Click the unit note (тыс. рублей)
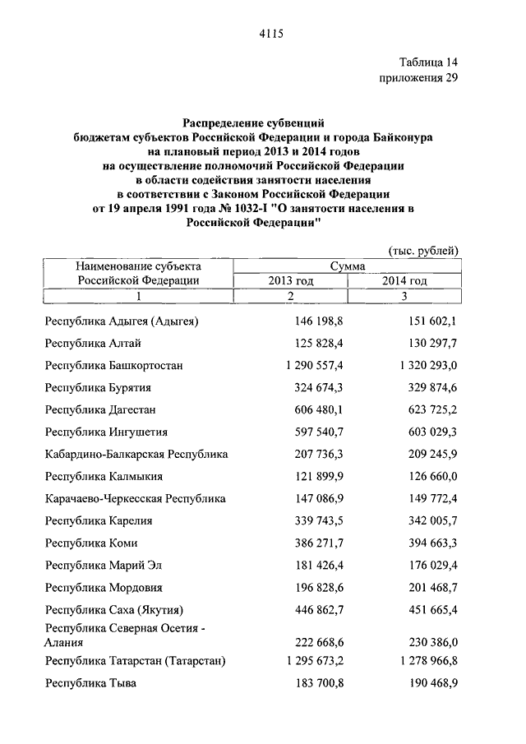pos(422,250)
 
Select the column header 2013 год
pos(291,280)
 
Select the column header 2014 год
pos(404,280)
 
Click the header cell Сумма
pos(348,266)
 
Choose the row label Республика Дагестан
pos(100,409)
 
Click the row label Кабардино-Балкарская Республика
pos(136,453)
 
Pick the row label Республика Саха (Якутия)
pos(113,610)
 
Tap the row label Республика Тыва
pos(90,682)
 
